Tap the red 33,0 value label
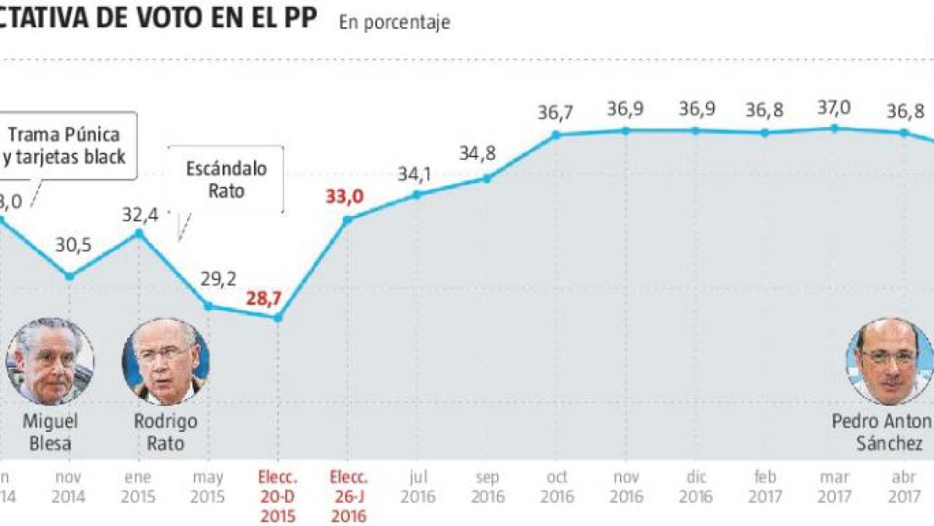(344, 196)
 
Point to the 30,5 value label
(73, 245)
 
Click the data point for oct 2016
(556, 135)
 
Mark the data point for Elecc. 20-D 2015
(279, 317)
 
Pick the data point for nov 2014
(69, 276)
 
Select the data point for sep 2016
(486, 178)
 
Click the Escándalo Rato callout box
(227, 179)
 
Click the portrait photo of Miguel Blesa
(50, 361)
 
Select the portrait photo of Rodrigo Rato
(165, 361)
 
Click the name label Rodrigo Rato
(165, 432)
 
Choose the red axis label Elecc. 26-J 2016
(348, 496)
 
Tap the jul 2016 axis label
(418, 487)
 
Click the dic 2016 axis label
(696, 487)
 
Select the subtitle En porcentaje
(394, 23)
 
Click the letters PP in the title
(296, 17)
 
